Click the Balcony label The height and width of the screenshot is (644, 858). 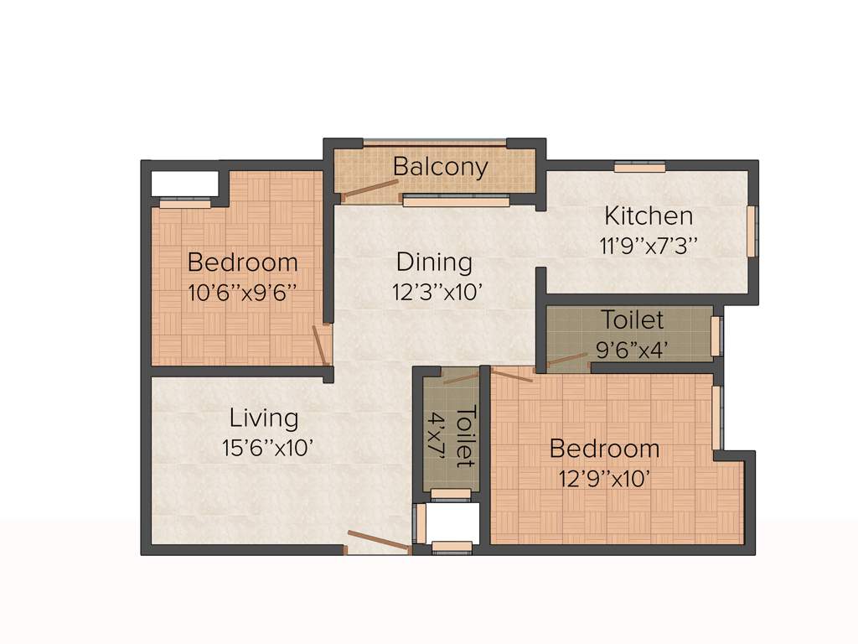[x=440, y=166]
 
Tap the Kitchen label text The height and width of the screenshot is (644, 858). [x=649, y=216]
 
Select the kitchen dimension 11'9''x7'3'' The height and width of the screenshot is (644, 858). [x=649, y=246]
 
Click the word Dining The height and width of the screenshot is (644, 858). [x=434, y=262]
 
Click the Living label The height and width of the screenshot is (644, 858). [x=264, y=417]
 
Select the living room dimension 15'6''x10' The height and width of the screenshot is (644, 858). [x=267, y=447]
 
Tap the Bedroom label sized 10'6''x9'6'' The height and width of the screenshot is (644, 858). [x=242, y=262]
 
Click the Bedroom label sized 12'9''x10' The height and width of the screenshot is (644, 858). [x=604, y=449]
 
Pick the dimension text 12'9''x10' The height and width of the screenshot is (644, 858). [x=604, y=479]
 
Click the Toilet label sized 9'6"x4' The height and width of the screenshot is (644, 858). [x=632, y=319]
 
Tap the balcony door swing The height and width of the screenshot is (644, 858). [x=370, y=190]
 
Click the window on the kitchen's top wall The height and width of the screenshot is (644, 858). [x=639, y=167]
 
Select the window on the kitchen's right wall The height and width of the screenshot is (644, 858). [x=752, y=231]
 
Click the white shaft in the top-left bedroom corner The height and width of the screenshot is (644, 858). [x=183, y=183]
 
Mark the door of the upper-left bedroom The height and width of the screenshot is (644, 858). [x=319, y=344]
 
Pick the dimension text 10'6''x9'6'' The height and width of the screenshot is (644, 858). [x=242, y=293]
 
